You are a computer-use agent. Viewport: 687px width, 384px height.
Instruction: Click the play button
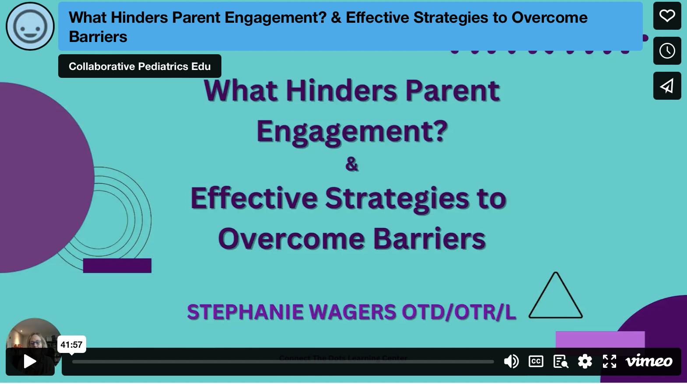click(x=30, y=362)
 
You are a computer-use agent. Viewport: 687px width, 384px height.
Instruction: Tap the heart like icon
click(x=667, y=16)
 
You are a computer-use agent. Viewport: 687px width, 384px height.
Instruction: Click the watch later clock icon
click(x=667, y=51)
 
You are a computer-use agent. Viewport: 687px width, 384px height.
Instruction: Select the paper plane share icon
click(x=667, y=86)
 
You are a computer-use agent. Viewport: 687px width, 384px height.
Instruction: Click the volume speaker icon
click(x=511, y=361)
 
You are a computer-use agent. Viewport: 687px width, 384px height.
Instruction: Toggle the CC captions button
click(x=536, y=361)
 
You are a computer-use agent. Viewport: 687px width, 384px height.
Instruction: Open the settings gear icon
click(x=585, y=361)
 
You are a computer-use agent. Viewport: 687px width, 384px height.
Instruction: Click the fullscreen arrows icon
click(x=610, y=361)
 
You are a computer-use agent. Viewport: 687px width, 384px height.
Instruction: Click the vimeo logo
click(x=649, y=361)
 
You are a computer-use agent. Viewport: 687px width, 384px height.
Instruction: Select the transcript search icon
click(x=561, y=361)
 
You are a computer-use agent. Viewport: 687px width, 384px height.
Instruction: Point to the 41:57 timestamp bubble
click(x=71, y=345)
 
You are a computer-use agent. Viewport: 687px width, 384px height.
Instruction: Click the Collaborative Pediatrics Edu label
click(x=140, y=66)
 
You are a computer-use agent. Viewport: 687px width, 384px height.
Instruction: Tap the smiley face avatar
click(x=30, y=26)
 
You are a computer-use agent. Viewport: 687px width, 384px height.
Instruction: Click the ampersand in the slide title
click(x=352, y=164)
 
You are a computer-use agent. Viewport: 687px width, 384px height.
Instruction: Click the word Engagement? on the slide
click(x=352, y=131)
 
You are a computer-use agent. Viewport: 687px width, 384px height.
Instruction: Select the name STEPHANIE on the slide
click(x=245, y=312)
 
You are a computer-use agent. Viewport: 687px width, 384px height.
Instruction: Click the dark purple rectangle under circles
click(x=117, y=265)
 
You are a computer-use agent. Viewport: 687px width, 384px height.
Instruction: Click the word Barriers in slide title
click(x=429, y=239)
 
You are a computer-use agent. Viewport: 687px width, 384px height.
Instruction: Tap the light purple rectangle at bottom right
click(x=600, y=339)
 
